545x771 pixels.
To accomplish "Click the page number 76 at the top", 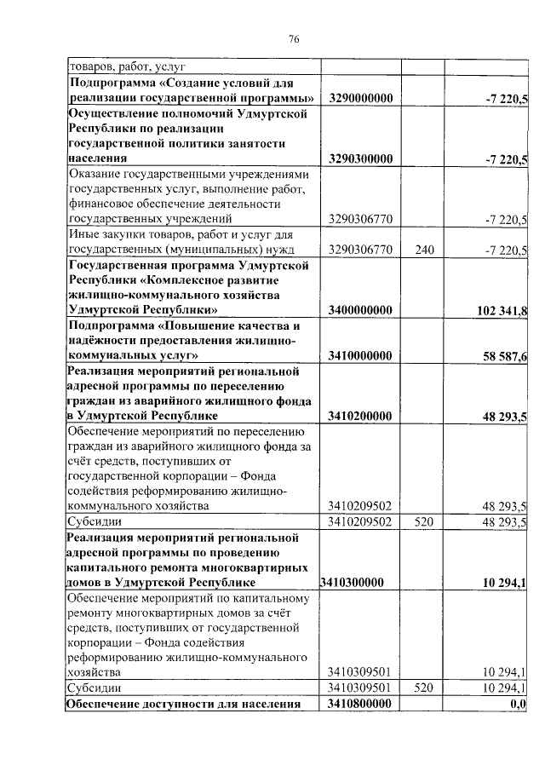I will [294, 38].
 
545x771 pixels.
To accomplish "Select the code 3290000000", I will [360, 100].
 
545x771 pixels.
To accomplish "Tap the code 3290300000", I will [360, 158].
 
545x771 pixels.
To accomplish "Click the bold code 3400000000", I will [360, 309].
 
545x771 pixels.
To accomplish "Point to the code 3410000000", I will [360, 354].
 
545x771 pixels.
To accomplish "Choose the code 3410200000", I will [360, 416].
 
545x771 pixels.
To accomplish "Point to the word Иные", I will [85, 234].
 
